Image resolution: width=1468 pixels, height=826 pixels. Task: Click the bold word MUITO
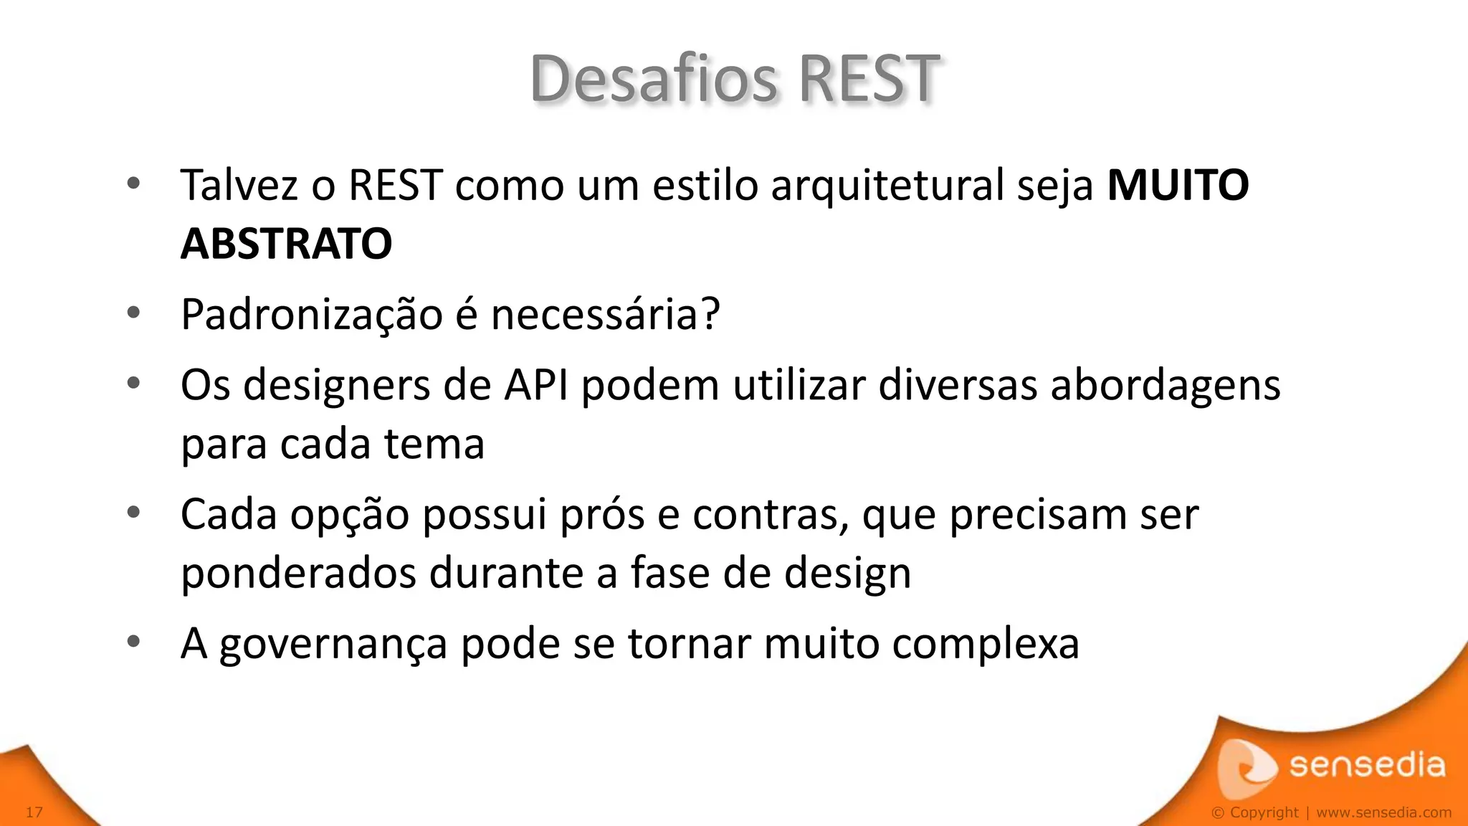(1178, 185)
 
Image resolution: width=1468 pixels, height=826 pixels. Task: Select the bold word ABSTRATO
(286, 244)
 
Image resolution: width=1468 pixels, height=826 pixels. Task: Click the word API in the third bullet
(536, 385)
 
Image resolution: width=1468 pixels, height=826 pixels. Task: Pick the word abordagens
(1165, 385)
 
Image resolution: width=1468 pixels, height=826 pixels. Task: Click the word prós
(601, 515)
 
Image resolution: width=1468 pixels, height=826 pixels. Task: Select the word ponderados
(298, 573)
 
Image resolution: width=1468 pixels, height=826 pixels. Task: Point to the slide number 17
(34, 812)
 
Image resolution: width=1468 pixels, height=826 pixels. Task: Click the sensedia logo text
(1367, 765)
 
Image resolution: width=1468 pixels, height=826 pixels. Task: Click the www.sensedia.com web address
(1383, 812)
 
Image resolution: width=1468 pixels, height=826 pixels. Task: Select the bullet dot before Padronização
(133, 313)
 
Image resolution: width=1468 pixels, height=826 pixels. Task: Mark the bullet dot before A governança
(133, 642)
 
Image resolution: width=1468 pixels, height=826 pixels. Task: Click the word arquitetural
(887, 185)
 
